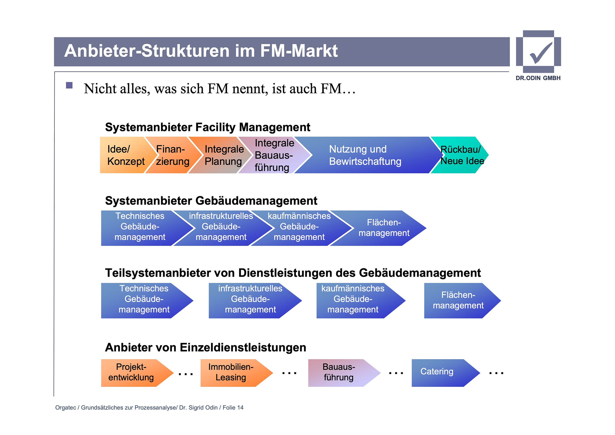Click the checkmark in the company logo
click(x=541, y=53)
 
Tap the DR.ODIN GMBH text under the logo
click(x=538, y=78)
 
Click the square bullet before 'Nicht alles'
click(x=69, y=85)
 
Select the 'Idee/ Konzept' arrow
click(x=123, y=155)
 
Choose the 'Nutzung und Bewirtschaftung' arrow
click(x=365, y=155)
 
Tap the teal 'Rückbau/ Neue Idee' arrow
click(x=461, y=155)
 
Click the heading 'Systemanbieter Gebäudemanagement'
click(x=211, y=201)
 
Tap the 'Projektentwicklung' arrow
click(x=131, y=372)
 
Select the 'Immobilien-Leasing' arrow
click(x=231, y=372)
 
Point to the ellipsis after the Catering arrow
click(x=496, y=373)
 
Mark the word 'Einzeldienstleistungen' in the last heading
click(x=243, y=347)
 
